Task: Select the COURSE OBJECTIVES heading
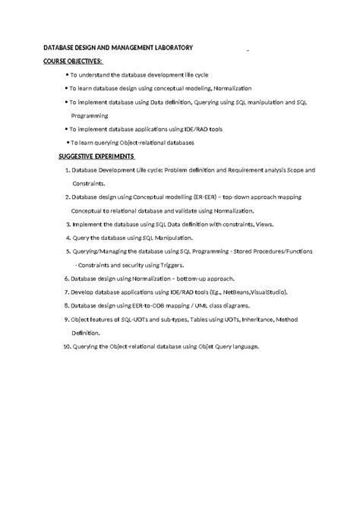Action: [74, 61]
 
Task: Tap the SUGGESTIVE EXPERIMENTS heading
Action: [96, 156]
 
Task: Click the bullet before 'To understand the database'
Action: [68, 75]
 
